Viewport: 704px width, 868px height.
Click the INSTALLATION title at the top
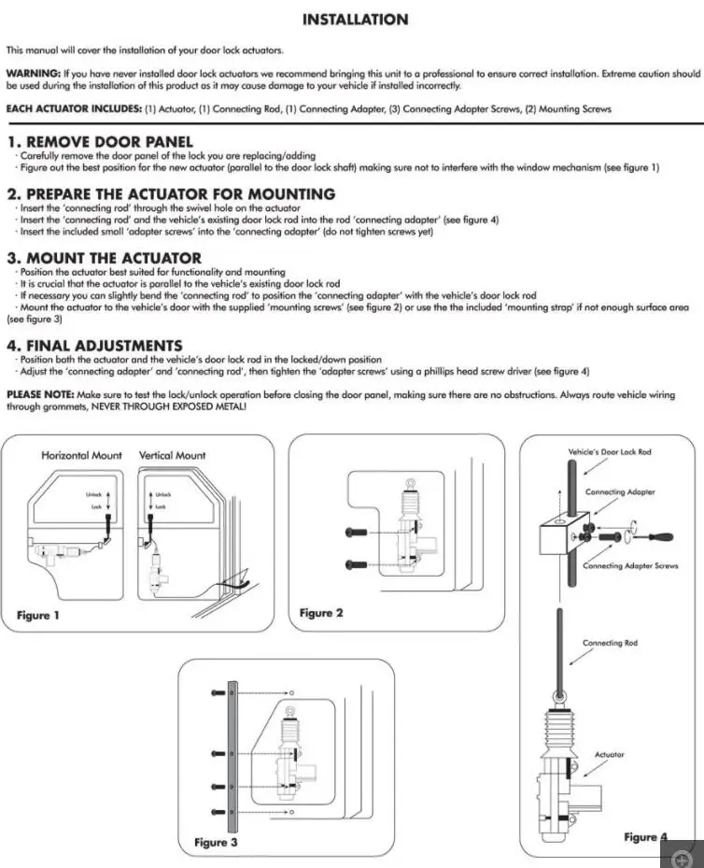tap(355, 20)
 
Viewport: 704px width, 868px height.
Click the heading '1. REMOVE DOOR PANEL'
tap(100, 142)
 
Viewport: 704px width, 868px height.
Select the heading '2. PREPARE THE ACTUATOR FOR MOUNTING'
tap(171, 194)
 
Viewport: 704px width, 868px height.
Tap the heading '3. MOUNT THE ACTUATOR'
tap(104, 258)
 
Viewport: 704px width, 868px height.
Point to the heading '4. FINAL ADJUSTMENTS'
tap(94, 346)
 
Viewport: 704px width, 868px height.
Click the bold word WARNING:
tap(34, 73)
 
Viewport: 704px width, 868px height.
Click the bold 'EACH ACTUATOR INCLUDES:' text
tap(74, 108)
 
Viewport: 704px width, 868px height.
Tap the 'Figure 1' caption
tap(38, 615)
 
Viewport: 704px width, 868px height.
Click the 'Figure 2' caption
tap(321, 613)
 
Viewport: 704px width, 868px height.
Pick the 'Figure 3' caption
tap(216, 842)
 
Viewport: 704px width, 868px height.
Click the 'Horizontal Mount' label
tap(81, 455)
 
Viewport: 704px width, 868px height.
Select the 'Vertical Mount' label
tap(173, 455)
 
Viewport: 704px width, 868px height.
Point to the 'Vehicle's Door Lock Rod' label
tap(610, 452)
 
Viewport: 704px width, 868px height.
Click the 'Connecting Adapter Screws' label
tap(630, 566)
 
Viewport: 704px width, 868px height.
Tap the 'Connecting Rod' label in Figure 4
tap(610, 643)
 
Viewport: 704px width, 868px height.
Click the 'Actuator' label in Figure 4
tap(610, 754)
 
